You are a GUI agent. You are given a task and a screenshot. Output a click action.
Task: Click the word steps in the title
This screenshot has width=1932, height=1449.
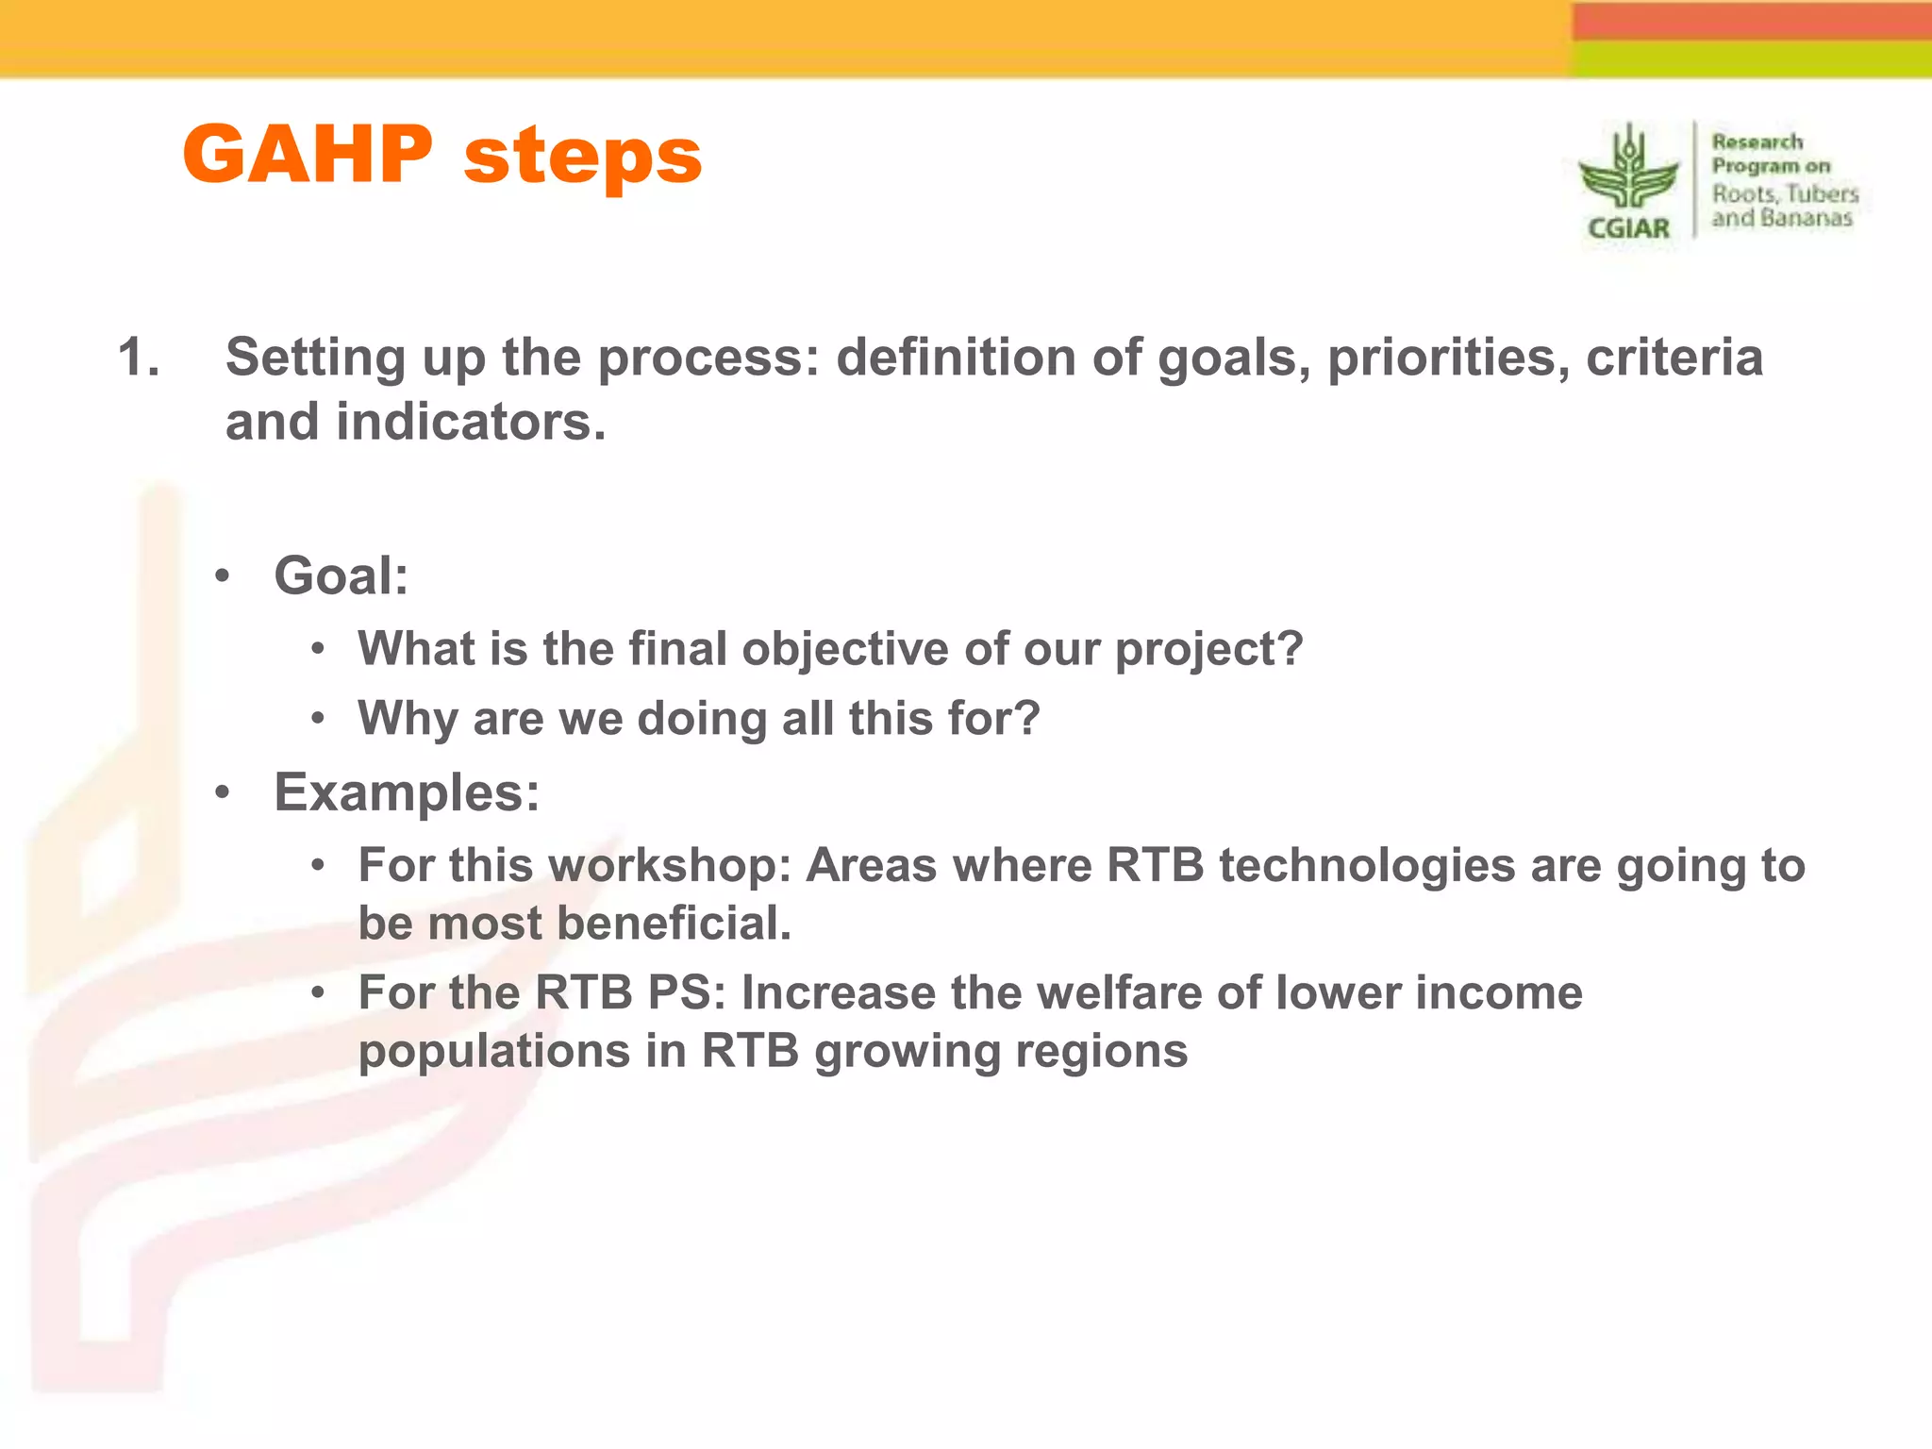(582, 158)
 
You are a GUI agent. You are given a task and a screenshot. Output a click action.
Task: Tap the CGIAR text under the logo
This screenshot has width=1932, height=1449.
(1628, 228)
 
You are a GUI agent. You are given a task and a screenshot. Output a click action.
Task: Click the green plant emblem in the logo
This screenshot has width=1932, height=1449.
(1629, 171)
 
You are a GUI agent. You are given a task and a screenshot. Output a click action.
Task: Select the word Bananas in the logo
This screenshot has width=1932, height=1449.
(1806, 219)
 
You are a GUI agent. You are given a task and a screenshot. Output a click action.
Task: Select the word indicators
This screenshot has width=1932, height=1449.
(471, 422)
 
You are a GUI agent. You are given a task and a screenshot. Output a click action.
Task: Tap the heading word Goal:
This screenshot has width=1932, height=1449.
(341, 575)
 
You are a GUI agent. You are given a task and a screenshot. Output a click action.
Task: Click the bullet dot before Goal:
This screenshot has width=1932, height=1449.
(222, 576)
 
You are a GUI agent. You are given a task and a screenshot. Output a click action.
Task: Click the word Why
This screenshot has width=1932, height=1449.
(408, 718)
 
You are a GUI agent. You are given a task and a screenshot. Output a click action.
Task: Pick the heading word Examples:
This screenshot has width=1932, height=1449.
(407, 792)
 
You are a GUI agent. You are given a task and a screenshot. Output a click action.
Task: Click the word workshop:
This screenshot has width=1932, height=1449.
(669, 866)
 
